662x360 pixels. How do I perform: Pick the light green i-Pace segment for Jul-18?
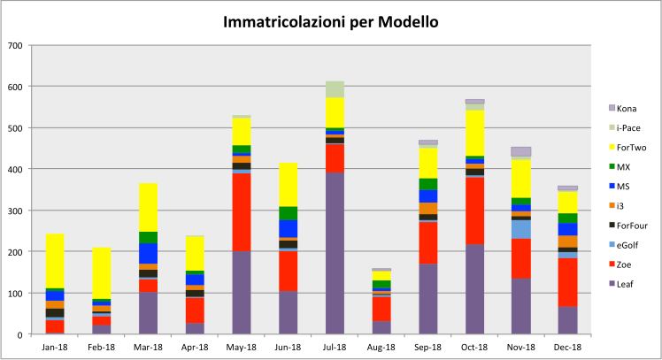335,89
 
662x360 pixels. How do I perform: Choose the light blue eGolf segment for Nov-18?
521,229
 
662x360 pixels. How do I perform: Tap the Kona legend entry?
628,107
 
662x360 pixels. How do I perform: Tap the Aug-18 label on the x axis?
381,347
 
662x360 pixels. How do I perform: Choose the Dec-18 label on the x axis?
568,347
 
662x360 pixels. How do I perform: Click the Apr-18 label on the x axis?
195,347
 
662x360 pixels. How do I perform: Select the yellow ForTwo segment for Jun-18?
289,185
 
